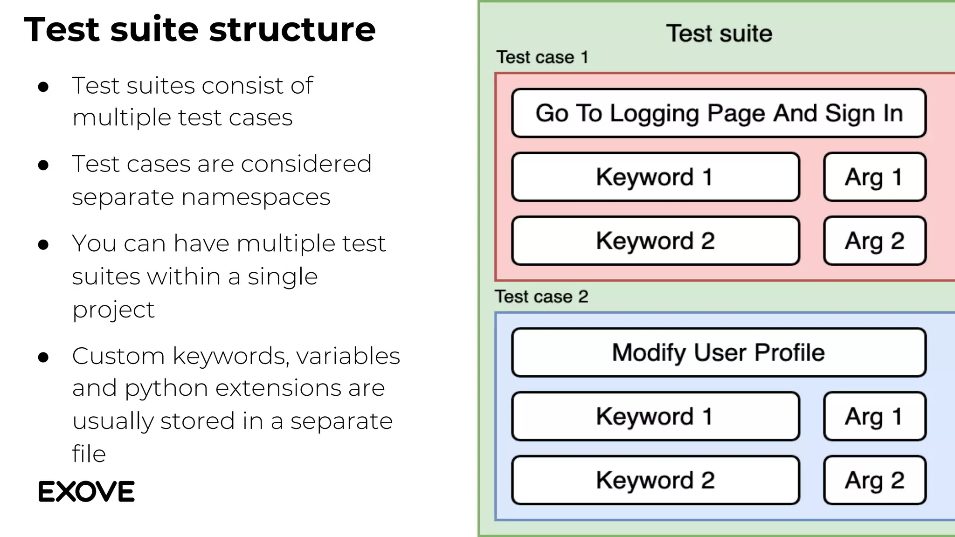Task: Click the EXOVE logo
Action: point(86,492)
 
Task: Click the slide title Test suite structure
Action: point(200,29)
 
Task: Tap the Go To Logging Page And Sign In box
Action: point(719,113)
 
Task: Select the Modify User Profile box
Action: point(719,352)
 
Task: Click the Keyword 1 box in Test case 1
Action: point(655,177)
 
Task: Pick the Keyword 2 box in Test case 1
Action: point(655,241)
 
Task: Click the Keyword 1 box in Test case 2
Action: point(655,416)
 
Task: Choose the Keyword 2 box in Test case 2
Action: point(655,480)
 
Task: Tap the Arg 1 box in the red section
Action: point(874,177)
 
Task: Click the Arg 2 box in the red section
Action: point(874,241)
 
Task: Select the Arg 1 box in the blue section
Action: point(874,416)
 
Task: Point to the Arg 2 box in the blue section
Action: point(874,480)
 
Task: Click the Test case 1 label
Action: point(542,57)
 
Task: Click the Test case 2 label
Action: point(541,296)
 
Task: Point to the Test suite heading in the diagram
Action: point(719,34)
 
